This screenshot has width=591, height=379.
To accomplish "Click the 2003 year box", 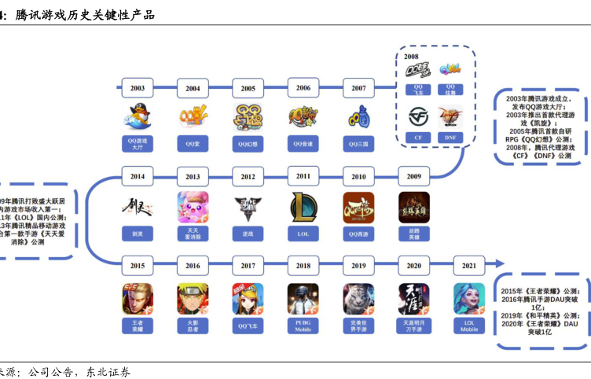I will pos(138,89).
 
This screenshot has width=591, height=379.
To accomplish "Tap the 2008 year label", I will pos(411,57).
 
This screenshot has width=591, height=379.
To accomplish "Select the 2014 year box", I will pos(138,177).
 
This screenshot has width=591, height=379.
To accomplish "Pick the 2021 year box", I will pos(469,267).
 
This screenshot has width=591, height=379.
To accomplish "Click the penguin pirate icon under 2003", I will pos(138,117).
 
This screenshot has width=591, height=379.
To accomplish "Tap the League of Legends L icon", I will pos(303,208).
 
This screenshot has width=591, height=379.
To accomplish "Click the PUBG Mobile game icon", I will pos(303,298).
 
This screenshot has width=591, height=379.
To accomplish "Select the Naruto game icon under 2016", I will pos(193,298).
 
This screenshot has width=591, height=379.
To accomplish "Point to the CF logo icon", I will pos(418,117).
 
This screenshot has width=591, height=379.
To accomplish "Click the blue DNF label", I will pos(450,137).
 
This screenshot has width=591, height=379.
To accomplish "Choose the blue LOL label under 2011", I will pos(303,234).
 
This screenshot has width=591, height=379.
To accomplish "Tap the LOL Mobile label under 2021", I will pos(469,325).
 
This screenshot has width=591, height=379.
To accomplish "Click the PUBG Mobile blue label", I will pos(303,325).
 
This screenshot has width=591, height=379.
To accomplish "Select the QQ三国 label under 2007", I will pos(358,144).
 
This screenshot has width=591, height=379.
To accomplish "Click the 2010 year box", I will pos(358,177).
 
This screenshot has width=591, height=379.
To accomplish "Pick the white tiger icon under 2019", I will pos(358,298).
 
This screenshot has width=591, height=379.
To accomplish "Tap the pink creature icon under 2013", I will pos(193,208).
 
